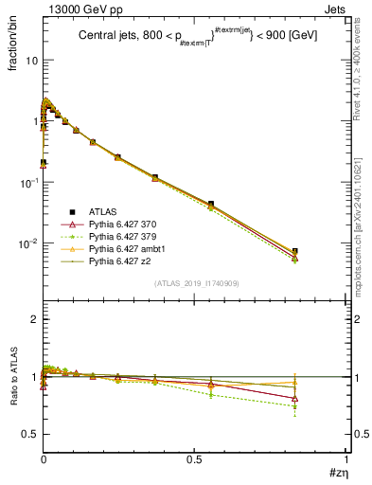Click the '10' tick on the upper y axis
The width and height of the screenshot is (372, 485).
click(x=30, y=60)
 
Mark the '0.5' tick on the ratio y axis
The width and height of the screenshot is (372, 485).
click(x=30, y=434)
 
